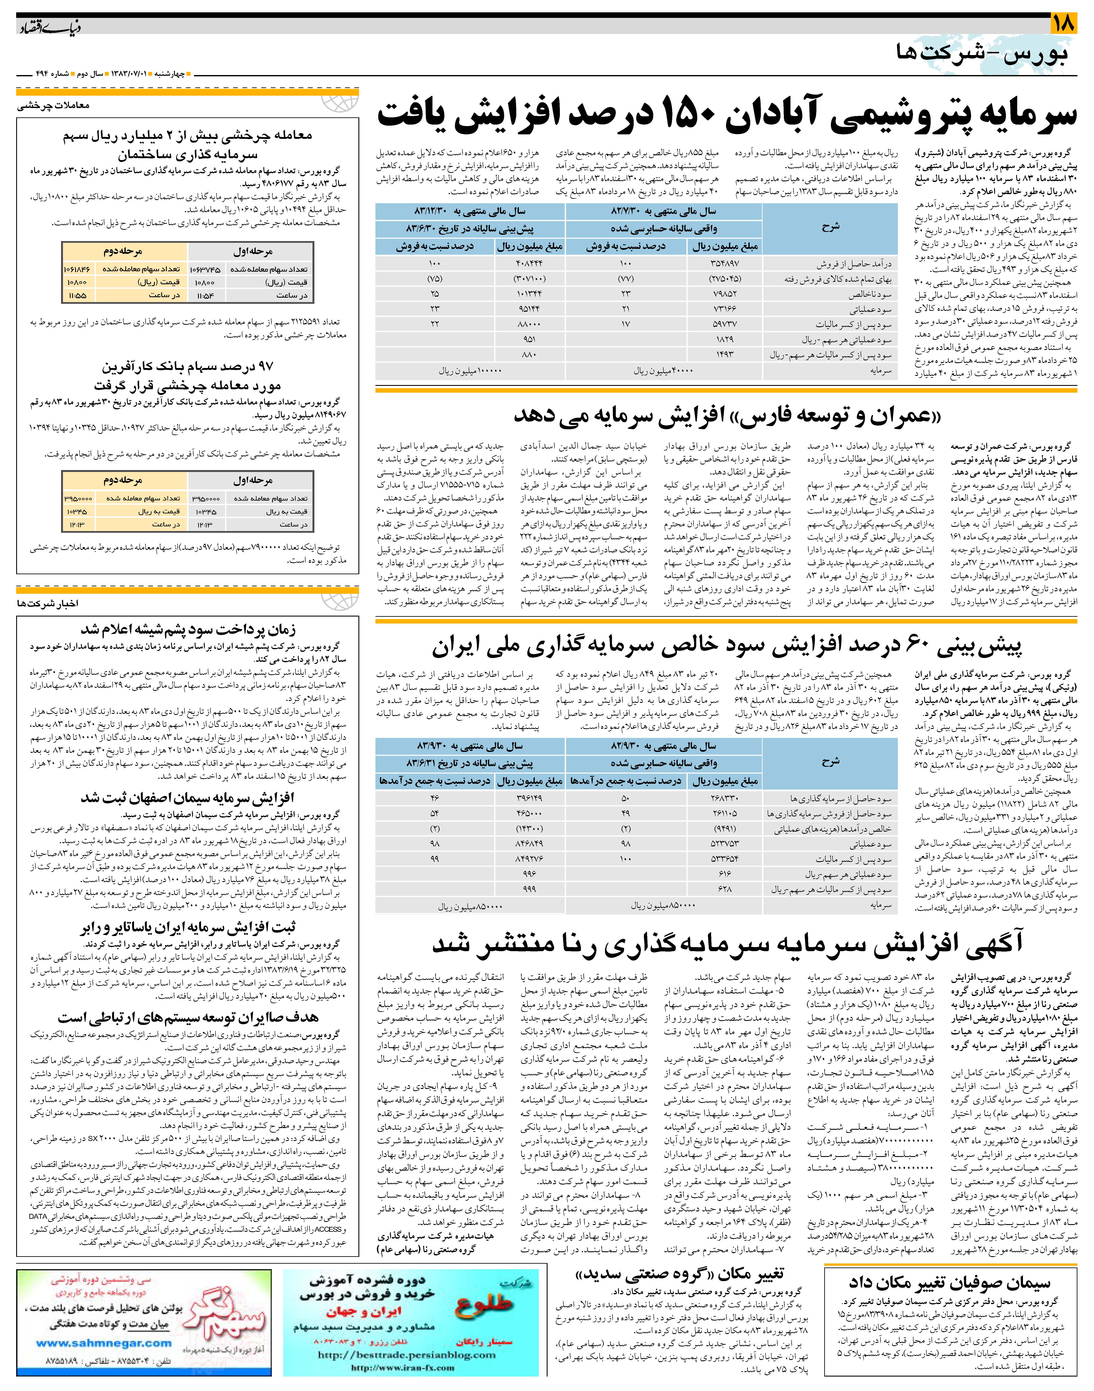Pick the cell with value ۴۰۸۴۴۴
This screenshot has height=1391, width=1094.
(529, 264)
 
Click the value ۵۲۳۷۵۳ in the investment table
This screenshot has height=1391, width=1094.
(725, 844)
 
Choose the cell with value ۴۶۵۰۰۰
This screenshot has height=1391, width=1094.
(529, 814)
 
